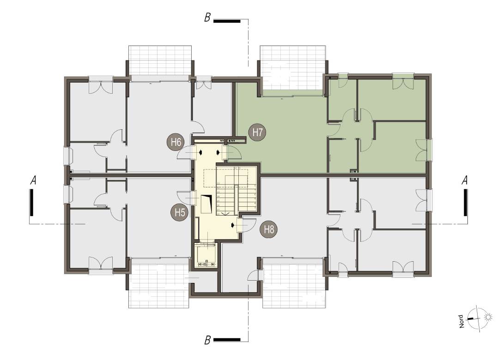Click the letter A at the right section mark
pos(466,181)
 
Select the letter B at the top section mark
pos(207,19)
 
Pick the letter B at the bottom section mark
pos(208,341)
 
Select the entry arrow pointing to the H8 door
pos(233,225)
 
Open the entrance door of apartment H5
pos(187,198)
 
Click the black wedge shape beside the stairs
pos(207,203)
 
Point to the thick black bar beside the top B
pos(227,21)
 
